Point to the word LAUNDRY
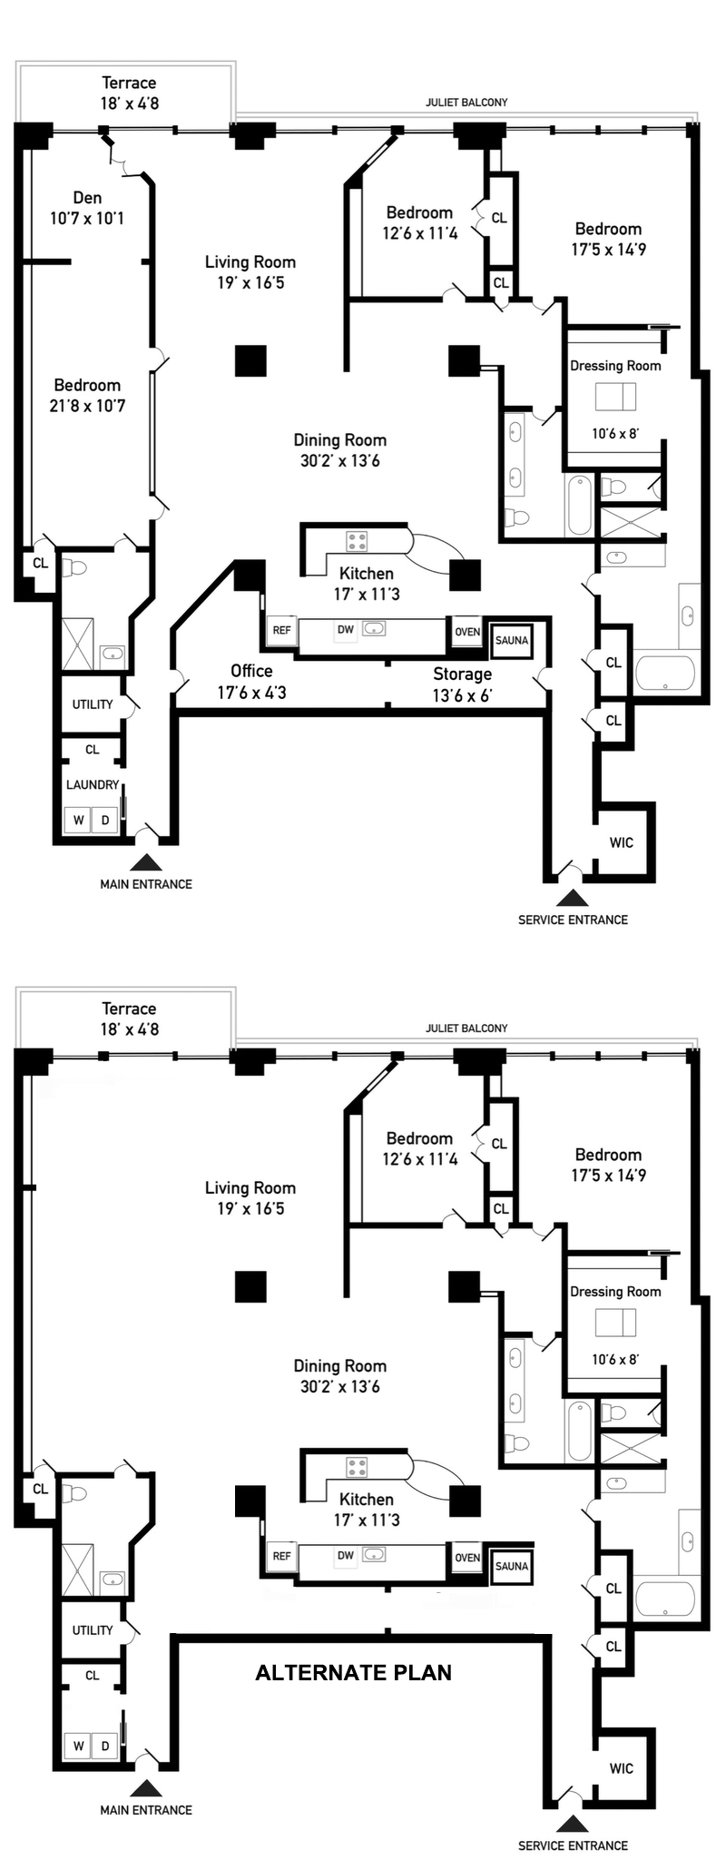(x=93, y=784)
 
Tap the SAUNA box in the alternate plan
(x=512, y=1566)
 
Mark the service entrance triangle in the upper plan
(x=572, y=898)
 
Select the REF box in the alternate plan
(x=282, y=1556)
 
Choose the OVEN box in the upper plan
(x=467, y=632)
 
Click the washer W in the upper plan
(x=79, y=821)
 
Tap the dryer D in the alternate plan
(x=105, y=1747)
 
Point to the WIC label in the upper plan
(x=622, y=842)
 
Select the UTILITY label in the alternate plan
(x=93, y=1630)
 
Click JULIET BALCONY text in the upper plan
(x=466, y=103)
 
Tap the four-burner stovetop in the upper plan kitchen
(x=357, y=542)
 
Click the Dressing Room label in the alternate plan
(x=615, y=1292)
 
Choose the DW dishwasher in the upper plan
(x=346, y=630)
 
